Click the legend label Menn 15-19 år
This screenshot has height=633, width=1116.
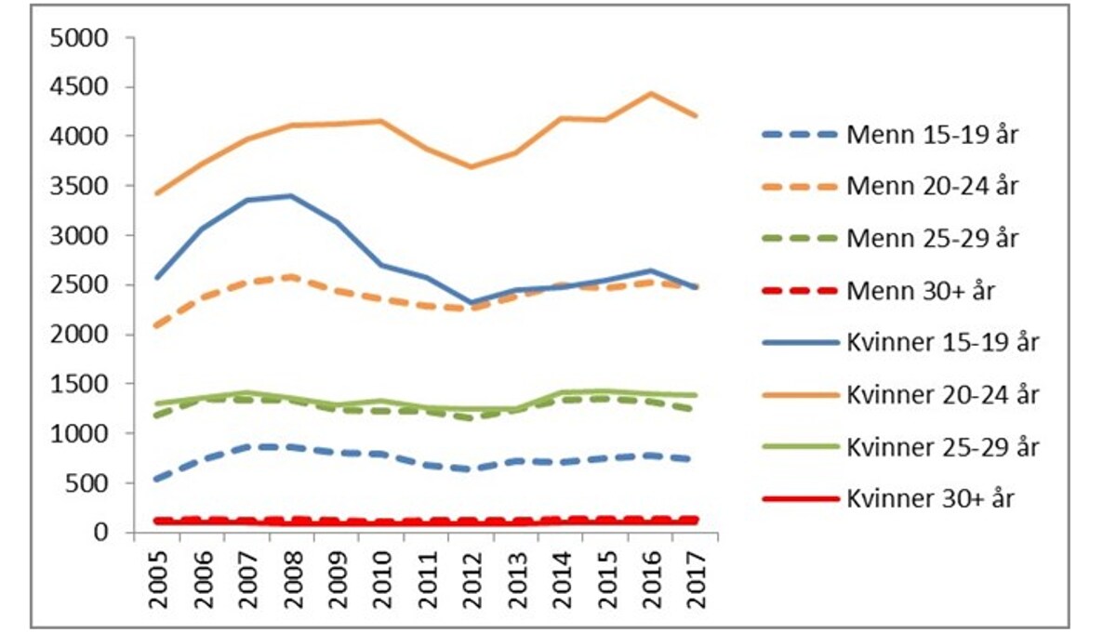(x=932, y=134)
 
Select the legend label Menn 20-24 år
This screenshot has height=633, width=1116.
(x=932, y=186)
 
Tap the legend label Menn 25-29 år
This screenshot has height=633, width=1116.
(x=932, y=238)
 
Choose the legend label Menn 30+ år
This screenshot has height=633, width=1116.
(x=921, y=290)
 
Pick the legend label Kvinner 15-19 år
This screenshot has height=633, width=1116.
(x=943, y=342)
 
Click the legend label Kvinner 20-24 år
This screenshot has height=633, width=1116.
(x=943, y=394)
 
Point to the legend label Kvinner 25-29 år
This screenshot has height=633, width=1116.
(x=943, y=446)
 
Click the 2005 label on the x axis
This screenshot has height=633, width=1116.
(x=158, y=578)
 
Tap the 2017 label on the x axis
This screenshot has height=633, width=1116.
(x=694, y=578)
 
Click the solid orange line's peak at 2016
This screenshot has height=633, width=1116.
(x=650, y=93)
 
